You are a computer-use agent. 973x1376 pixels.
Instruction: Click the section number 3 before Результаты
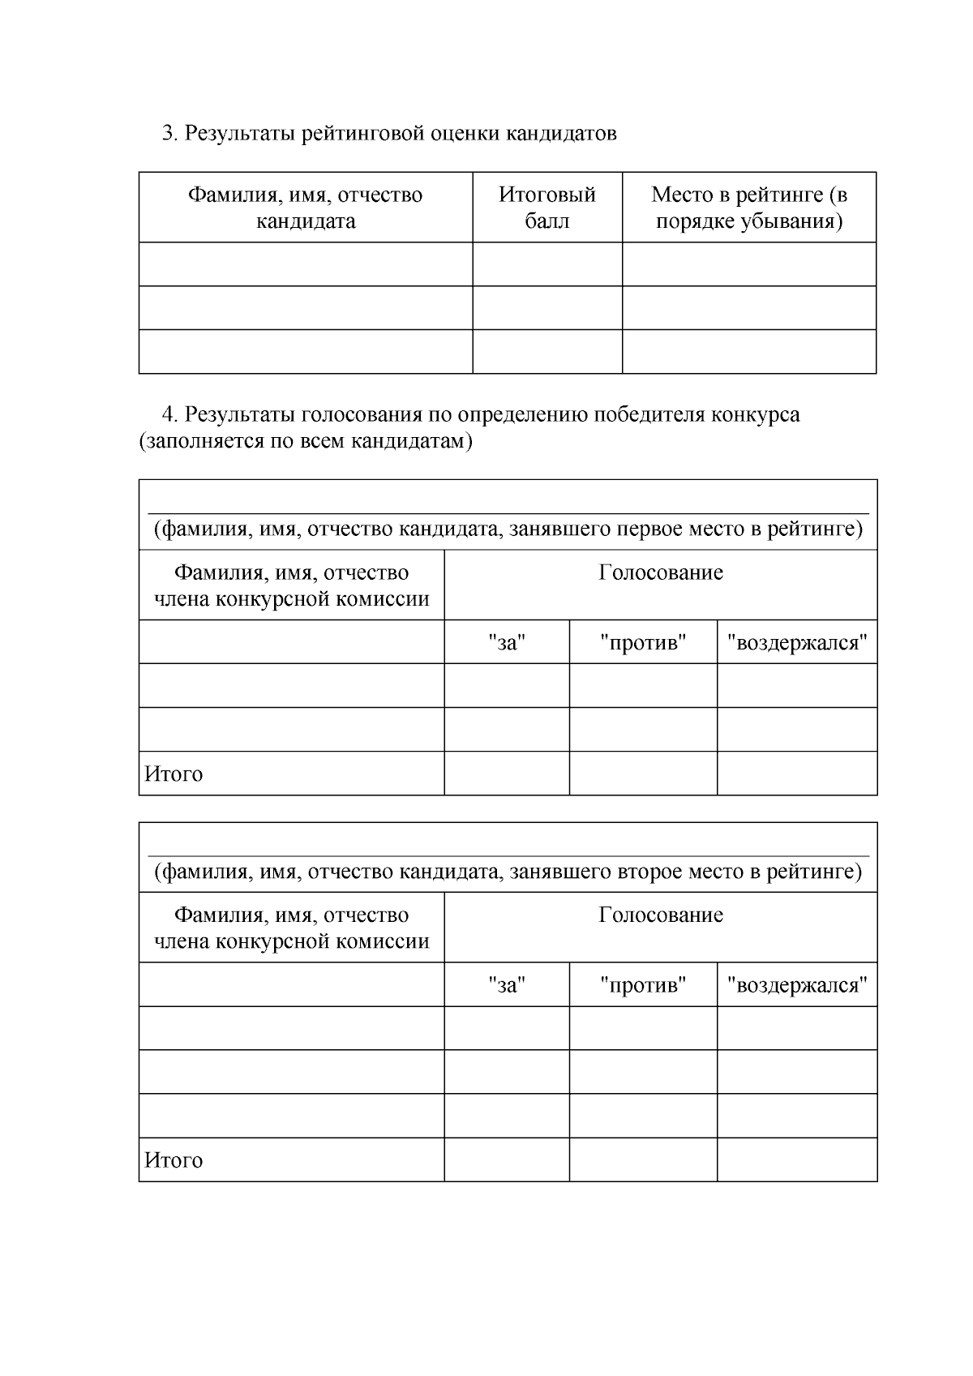[169, 133]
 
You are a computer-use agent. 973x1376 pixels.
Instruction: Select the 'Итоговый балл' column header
[547, 208]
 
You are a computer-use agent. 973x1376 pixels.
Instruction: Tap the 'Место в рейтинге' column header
[748, 208]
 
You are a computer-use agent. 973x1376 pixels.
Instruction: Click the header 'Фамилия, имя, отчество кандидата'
[305, 208]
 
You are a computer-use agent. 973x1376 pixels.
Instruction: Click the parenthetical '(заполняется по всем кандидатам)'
[305, 442]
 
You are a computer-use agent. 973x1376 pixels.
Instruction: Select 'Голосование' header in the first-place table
[660, 572]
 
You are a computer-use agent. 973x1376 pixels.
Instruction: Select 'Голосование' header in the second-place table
[660, 915]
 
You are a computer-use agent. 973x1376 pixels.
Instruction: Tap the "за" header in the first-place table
[507, 643]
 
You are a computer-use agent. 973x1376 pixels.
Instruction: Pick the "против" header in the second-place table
[643, 985]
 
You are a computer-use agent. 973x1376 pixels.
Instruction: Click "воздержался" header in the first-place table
[796, 643]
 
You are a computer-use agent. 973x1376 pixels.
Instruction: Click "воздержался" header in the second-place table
[796, 985]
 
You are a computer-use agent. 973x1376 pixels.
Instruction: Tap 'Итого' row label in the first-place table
[174, 774]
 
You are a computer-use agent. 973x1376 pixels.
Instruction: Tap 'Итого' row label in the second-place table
[174, 1160]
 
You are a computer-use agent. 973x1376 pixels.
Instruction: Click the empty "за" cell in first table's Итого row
[507, 774]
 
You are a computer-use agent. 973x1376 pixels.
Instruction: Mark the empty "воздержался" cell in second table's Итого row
[796, 1160]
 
